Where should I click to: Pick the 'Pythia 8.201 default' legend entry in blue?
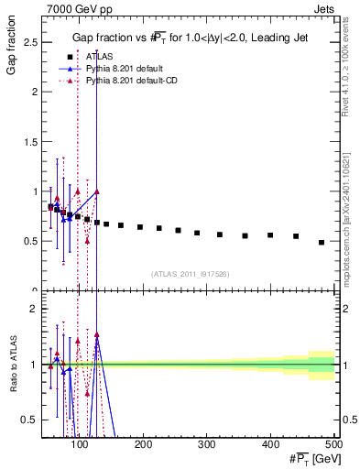pyautogui.click(x=125, y=69)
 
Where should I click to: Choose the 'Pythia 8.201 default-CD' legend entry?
pyautogui.click(x=133, y=82)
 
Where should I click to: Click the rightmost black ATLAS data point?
pyautogui.click(x=322, y=243)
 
